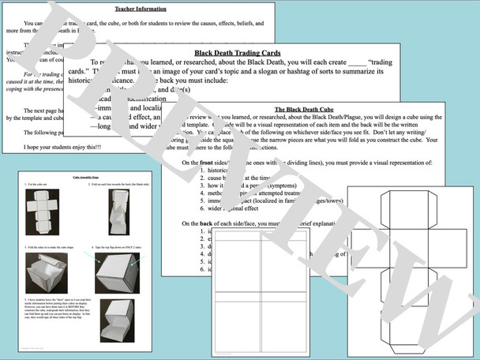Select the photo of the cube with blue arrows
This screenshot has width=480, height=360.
119,276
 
